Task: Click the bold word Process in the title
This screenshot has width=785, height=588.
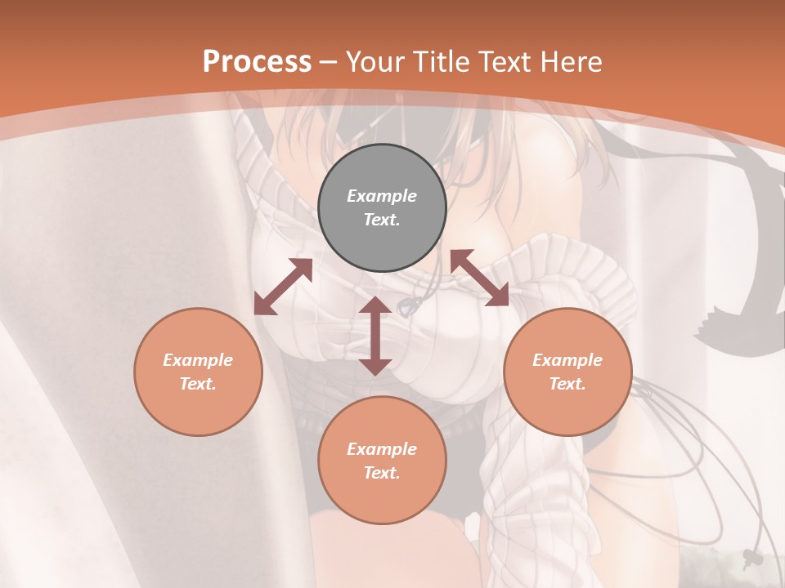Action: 257,62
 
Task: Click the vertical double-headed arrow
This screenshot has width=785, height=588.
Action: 375,336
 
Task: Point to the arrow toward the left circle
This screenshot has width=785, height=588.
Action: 283,287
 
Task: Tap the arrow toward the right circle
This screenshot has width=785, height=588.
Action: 479,278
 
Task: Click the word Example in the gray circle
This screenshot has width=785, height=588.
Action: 382,196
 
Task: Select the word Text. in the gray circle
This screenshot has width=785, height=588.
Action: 382,220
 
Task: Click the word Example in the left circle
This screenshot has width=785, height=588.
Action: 198,360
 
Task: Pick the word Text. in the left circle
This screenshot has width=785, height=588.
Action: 198,384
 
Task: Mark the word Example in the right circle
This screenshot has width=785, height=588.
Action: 567,360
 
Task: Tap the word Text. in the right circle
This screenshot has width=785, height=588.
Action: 567,384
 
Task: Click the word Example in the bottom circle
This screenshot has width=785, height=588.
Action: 382,449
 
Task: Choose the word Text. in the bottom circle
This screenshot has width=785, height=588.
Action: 382,473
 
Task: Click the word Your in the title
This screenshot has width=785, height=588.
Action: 375,62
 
